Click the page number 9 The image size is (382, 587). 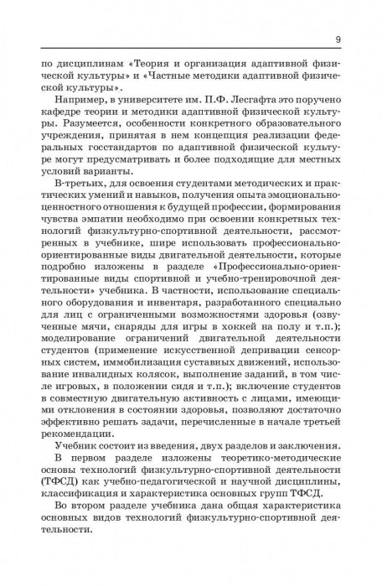click(x=338, y=39)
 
